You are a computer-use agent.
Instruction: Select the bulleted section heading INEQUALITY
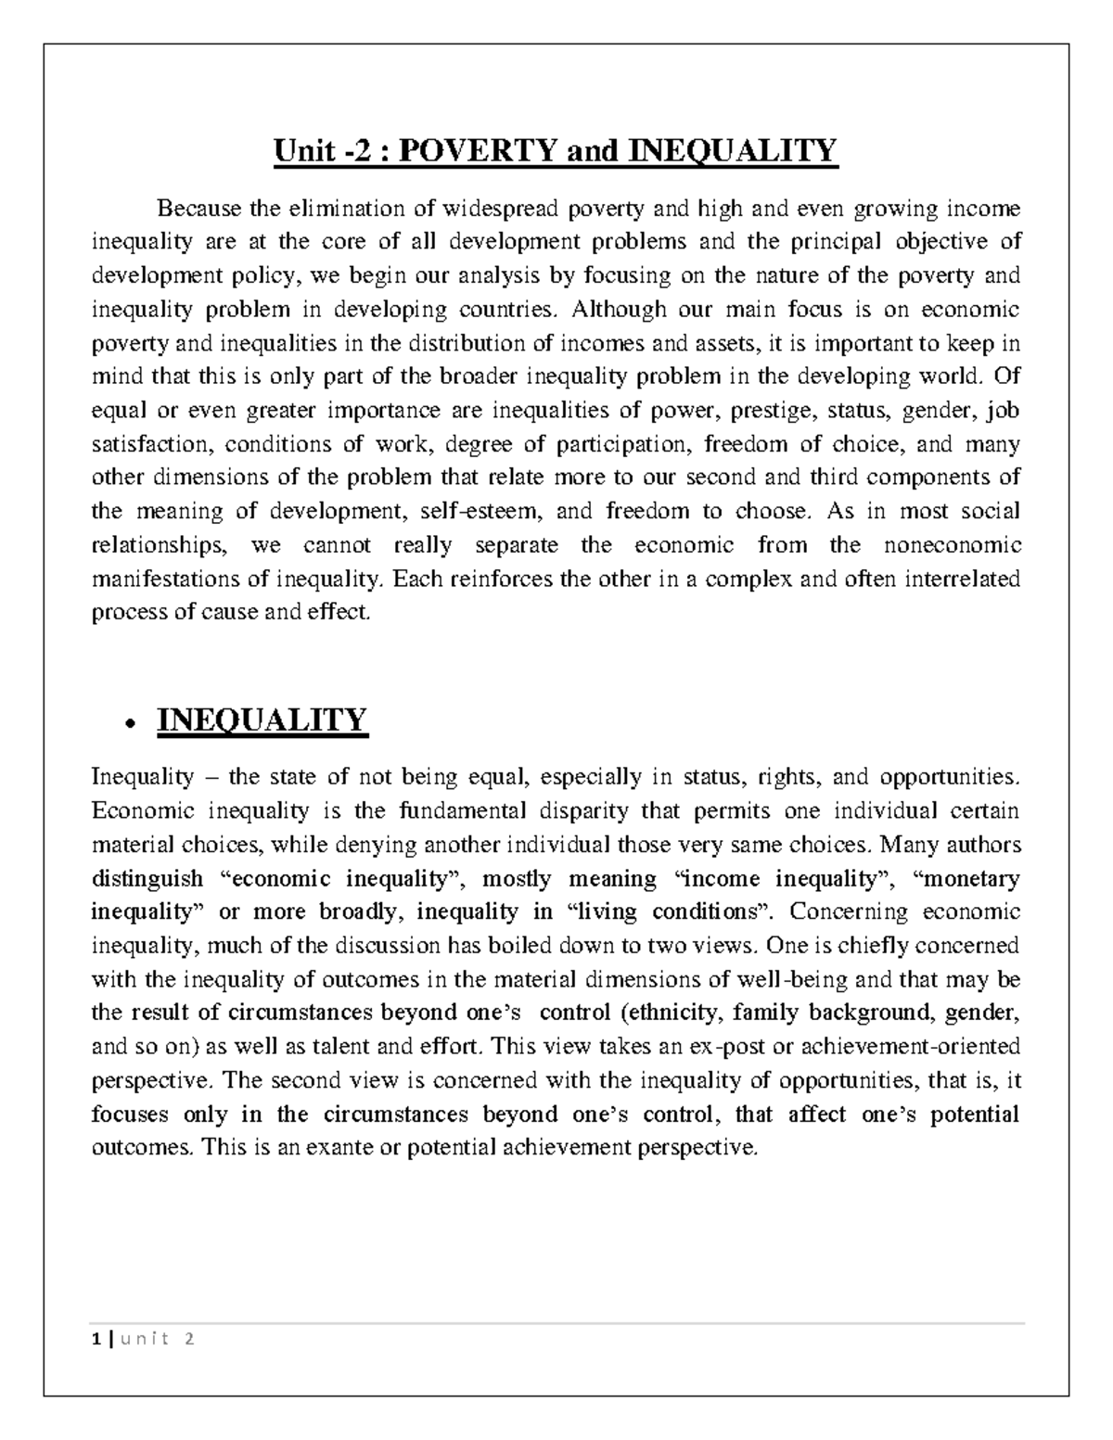tap(262, 720)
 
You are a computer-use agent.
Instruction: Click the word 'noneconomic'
tap(961, 545)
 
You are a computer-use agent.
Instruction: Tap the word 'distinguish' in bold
tap(147, 878)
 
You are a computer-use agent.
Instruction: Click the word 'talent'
tap(349, 1047)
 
